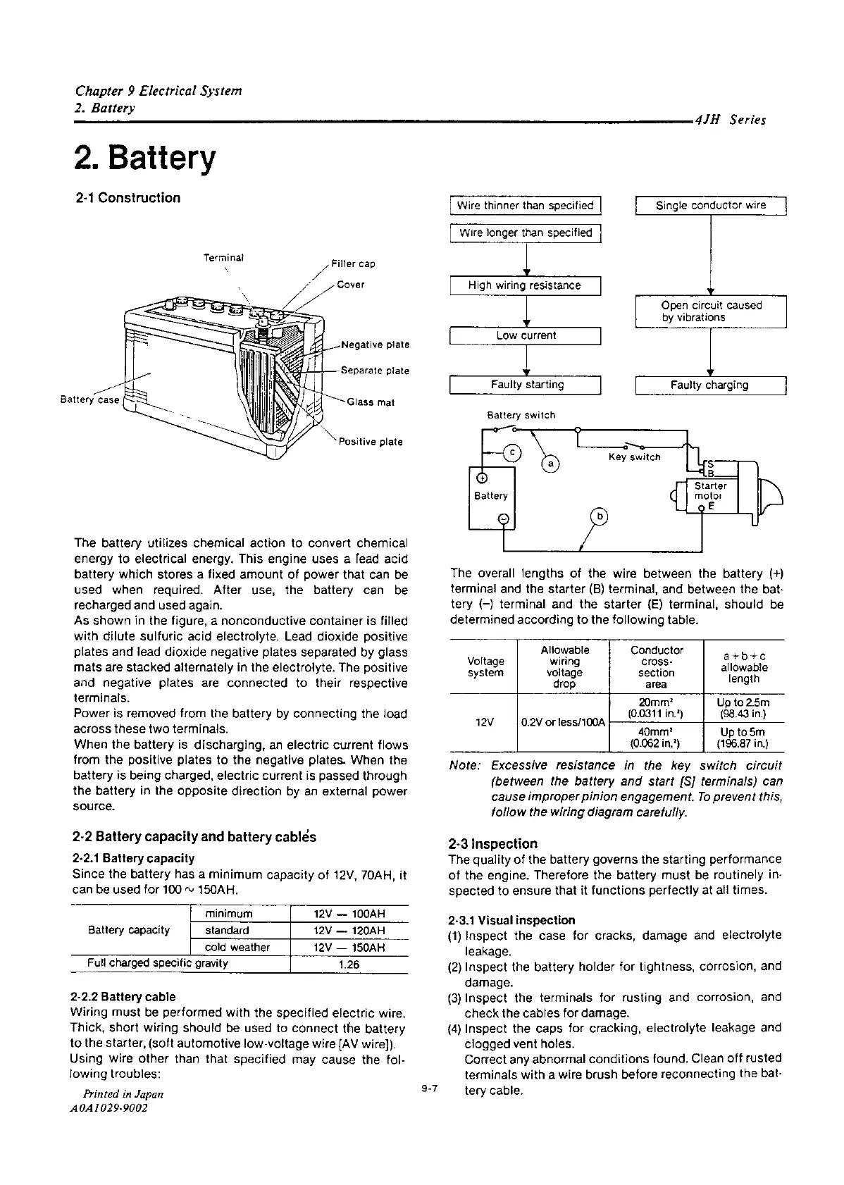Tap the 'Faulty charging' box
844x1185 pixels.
[x=709, y=385]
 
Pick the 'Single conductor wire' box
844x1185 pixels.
[x=710, y=206]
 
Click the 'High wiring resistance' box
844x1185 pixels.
[x=525, y=285]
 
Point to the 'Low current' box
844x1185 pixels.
[x=526, y=335]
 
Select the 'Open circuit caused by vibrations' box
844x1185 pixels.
[x=711, y=311]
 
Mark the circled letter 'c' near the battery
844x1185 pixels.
[x=513, y=452]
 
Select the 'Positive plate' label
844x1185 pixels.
[x=371, y=442]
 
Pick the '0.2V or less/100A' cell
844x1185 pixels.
[x=564, y=723]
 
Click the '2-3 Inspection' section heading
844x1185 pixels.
[x=493, y=843]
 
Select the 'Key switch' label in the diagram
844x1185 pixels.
[x=635, y=457]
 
